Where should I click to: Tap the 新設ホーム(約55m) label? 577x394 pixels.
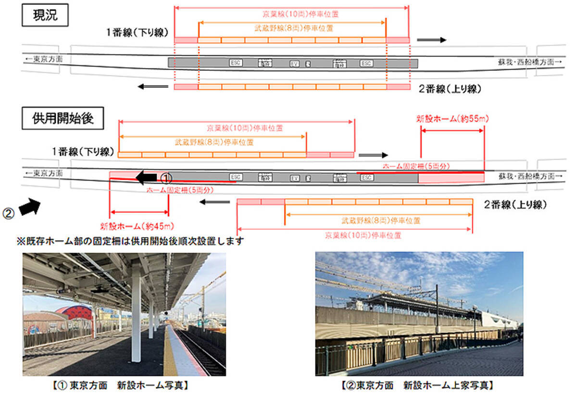click(x=452, y=119)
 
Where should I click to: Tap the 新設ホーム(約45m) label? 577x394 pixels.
click(x=137, y=226)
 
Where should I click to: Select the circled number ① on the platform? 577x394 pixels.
click(x=165, y=178)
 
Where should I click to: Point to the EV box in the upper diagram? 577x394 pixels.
click(x=294, y=63)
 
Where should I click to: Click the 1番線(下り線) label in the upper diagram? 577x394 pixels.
click(x=138, y=33)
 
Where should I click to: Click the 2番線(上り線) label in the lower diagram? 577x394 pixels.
click(x=516, y=205)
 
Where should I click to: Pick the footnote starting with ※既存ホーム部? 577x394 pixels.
click(x=129, y=240)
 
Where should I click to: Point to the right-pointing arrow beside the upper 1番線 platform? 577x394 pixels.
click(x=431, y=39)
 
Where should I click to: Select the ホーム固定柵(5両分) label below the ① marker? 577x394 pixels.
click(x=180, y=190)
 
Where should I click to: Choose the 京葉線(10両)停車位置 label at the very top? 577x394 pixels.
click(x=291, y=14)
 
